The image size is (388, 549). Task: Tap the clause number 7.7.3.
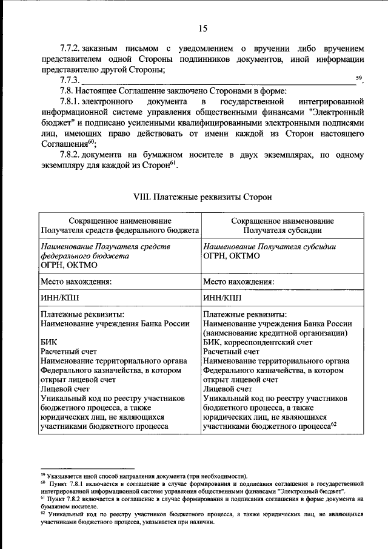coord(70,81)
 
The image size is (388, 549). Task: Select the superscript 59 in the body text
coord(358,78)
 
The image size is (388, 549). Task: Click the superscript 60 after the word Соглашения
coord(92,141)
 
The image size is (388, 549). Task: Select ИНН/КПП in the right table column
coord(222,298)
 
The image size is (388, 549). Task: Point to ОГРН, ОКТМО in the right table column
coord(232,256)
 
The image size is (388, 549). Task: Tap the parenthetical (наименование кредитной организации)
coord(275,333)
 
